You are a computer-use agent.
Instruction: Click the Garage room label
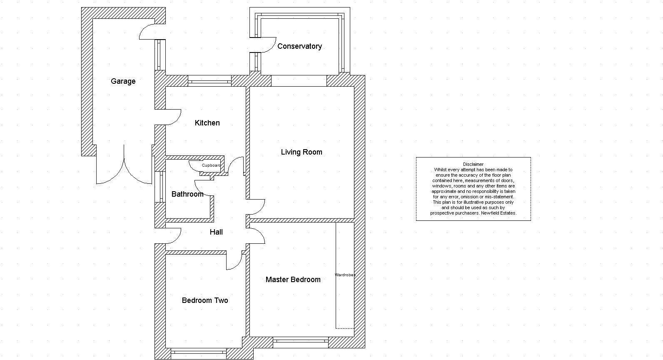pyautogui.click(x=123, y=81)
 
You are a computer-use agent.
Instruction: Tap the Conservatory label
pyautogui.click(x=299, y=46)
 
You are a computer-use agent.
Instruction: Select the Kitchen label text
pyautogui.click(x=207, y=123)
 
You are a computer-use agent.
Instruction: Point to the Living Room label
pyautogui.click(x=302, y=152)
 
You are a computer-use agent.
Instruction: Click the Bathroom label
pyautogui.click(x=187, y=194)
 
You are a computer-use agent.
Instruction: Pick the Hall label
pyautogui.click(x=216, y=232)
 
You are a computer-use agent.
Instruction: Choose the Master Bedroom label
pyautogui.click(x=293, y=280)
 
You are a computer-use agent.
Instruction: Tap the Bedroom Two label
pyautogui.click(x=205, y=300)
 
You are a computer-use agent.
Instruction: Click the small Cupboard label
pyautogui.click(x=211, y=165)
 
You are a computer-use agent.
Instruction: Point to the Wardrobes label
pyautogui.click(x=345, y=275)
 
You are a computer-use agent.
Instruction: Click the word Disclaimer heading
pyautogui.click(x=473, y=164)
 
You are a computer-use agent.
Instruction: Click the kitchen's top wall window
pyautogui.click(x=209, y=81)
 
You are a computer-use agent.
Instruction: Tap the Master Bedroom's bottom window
pyautogui.click(x=300, y=342)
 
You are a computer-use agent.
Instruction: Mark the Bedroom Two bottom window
pyautogui.click(x=199, y=354)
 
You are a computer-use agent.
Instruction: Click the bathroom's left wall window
pyautogui.click(x=160, y=187)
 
